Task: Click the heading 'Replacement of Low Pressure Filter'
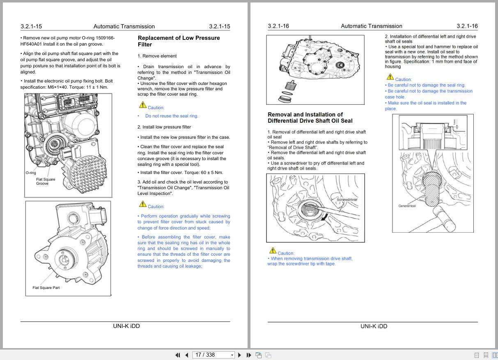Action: (x=179, y=41)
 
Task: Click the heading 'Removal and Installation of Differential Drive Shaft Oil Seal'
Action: (x=310, y=118)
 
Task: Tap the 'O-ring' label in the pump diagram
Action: (x=30, y=173)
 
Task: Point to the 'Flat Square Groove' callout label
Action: (x=45, y=181)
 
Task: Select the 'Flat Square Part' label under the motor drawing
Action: (x=46, y=288)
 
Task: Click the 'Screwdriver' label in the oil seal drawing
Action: (x=347, y=199)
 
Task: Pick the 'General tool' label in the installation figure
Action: (x=407, y=206)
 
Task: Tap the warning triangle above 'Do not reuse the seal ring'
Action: (x=142, y=105)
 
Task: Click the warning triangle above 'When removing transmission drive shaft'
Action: (x=272, y=250)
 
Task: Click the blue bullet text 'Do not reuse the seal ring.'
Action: (x=172, y=116)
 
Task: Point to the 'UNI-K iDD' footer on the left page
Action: (x=126, y=326)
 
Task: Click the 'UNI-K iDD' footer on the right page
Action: (x=374, y=326)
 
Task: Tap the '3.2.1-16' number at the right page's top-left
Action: (x=278, y=26)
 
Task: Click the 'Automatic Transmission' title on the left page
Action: (x=124, y=27)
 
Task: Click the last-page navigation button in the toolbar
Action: (x=248, y=355)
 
